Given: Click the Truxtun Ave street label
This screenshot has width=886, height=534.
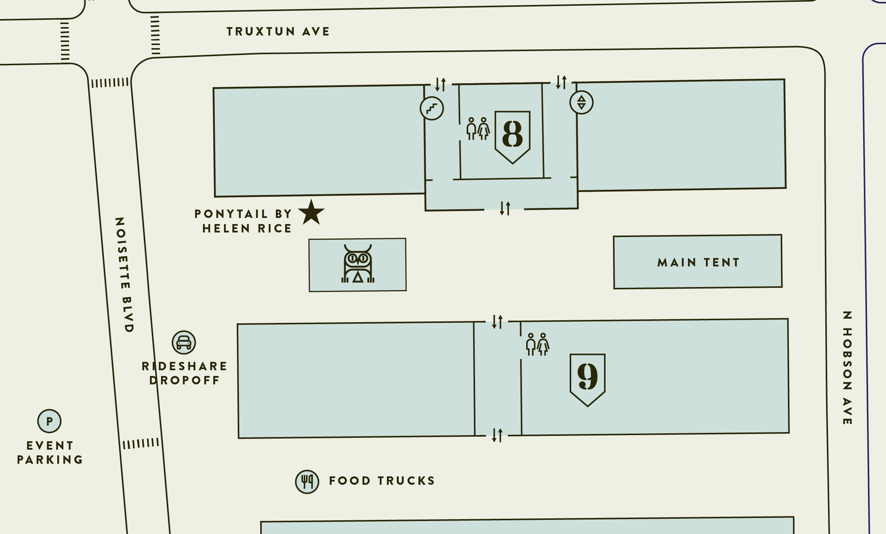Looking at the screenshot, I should [278, 31].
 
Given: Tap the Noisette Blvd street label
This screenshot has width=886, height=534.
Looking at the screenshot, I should [124, 275].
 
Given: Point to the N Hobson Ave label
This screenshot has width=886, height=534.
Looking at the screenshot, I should [847, 368].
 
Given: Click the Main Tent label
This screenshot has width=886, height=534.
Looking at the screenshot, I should [698, 262].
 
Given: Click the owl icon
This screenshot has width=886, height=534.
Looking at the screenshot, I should [358, 264].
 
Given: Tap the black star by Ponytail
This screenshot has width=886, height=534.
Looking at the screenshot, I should [311, 213].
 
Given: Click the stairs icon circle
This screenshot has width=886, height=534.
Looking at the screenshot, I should [432, 108].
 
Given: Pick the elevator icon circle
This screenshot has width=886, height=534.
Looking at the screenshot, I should [581, 102].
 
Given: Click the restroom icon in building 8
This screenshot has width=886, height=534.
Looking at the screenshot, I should [478, 129].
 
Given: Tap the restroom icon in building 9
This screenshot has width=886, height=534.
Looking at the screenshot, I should [537, 344].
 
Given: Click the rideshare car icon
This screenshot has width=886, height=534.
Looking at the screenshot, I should [184, 342].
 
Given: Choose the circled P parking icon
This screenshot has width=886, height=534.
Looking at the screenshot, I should [49, 421].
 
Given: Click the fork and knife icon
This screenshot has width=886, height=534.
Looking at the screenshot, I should [307, 482].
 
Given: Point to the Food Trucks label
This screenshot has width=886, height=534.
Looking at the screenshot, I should [382, 481].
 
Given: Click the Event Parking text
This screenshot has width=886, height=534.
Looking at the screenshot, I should [50, 453].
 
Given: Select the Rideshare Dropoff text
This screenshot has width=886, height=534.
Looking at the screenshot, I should [185, 373].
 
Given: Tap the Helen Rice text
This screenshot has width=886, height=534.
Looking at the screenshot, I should [247, 228].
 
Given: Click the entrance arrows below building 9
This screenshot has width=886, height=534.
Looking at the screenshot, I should [497, 435].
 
